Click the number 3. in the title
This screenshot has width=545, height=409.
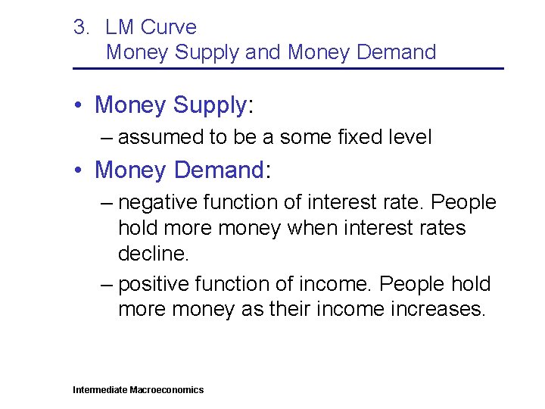coord(81,28)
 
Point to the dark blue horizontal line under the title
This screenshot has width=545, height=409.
coord(288,69)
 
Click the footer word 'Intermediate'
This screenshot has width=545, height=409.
coord(100,390)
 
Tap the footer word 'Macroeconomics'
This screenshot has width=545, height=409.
coord(167,390)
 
